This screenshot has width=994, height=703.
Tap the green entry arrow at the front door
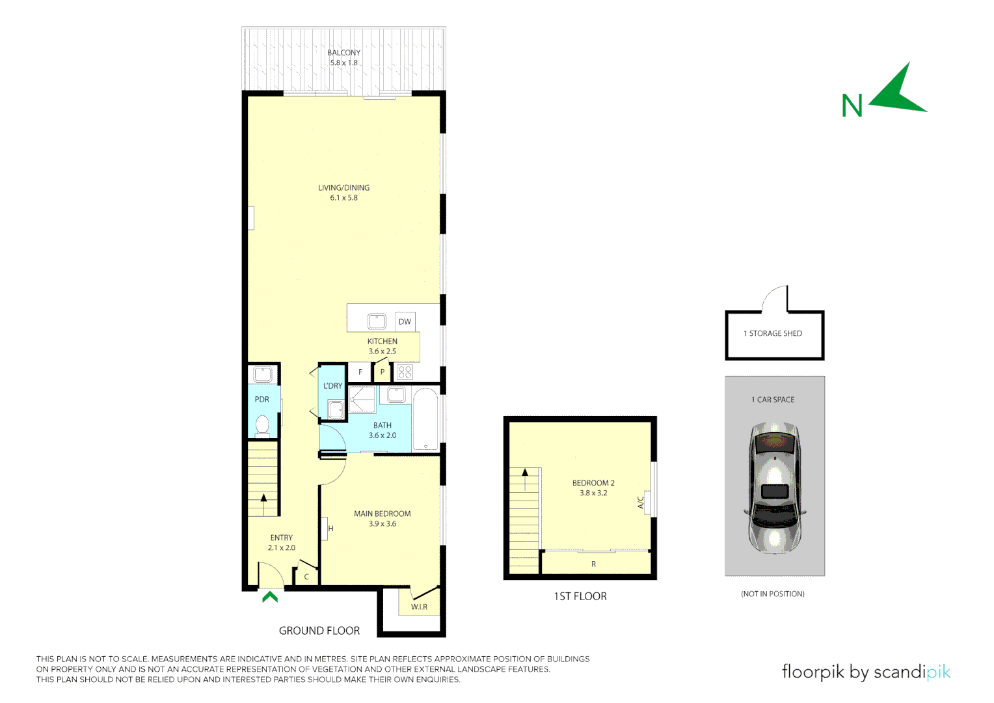coord(270,596)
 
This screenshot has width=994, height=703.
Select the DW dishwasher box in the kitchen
coord(405,322)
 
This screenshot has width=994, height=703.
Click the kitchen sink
coord(377,321)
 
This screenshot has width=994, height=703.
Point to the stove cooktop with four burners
coord(405,372)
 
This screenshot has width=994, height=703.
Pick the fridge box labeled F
coord(360,372)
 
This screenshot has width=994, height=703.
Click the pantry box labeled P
coord(383,372)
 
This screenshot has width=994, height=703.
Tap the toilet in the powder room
coord(262,425)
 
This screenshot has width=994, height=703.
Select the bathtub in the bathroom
coord(426,419)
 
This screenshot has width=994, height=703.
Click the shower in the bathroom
coord(362,400)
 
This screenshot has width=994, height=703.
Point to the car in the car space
coord(774,487)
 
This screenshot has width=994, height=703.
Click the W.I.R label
coord(419,607)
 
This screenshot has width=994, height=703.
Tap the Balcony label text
coord(343,53)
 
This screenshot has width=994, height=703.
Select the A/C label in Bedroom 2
coord(641,502)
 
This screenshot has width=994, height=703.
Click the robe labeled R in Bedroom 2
coord(593,564)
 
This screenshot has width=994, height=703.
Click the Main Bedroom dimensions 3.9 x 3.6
coord(382,524)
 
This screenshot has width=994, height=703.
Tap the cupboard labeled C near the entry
coord(306,577)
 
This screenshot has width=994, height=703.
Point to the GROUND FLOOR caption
coord(319,631)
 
